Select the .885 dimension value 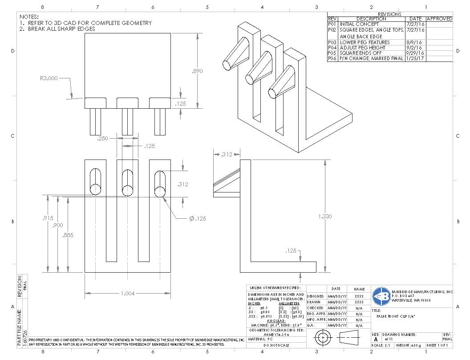pos(68,235)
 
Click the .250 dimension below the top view pos(103,139)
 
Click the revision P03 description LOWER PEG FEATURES pos(365,42)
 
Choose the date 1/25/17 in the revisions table pos(415,58)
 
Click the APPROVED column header pos(439,19)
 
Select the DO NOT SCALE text pos(276,345)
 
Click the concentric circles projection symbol pos(322,339)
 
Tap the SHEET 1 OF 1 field pos(439,345)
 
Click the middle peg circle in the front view pos(128,188)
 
